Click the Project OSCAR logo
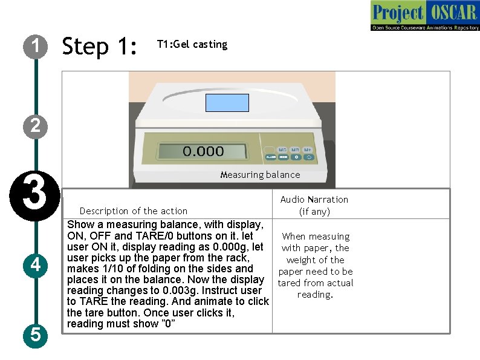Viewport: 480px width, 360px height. (x=424, y=16)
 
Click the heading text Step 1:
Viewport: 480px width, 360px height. (x=100, y=46)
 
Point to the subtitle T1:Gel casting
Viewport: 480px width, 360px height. (x=192, y=44)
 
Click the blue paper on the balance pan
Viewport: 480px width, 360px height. (x=227, y=103)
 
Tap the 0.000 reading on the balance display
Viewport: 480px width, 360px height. (x=203, y=151)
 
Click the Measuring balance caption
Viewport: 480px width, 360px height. (x=260, y=175)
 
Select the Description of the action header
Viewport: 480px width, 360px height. (x=134, y=211)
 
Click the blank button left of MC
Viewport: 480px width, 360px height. (x=269, y=149)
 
